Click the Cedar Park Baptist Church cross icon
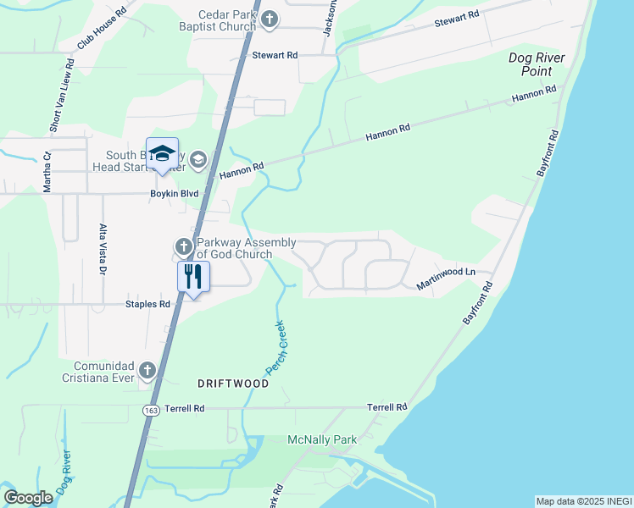pyautogui.click(x=270, y=19)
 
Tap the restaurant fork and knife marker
pyautogui.click(x=193, y=276)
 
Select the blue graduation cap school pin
pyautogui.click(x=162, y=153)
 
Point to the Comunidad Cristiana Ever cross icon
pyautogui.click(x=148, y=370)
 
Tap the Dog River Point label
pyautogui.click(x=537, y=64)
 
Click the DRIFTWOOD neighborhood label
pyautogui.click(x=233, y=384)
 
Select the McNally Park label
pyautogui.click(x=322, y=439)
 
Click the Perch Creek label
pyautogui.click(x=276, y=347)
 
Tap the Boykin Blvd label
pyautogui.click(x=173, y=194)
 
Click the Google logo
pyautogui.click(x=29, y=498)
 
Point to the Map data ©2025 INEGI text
pyautogui.click(x=583, y=501)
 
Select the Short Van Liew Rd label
pyautogui.click(x=58, y=101)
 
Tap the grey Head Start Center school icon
pyautogui.click(x=197, y=159)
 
